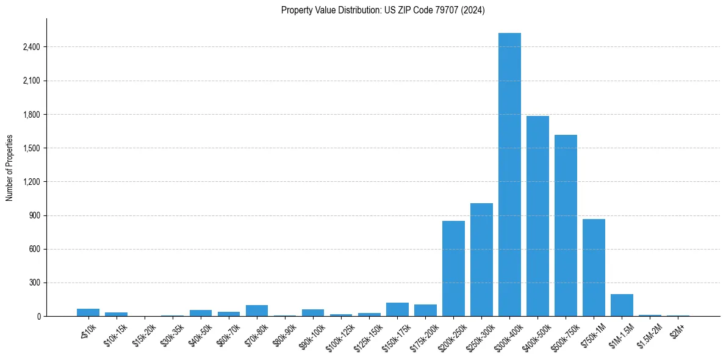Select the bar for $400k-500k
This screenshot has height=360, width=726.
537,216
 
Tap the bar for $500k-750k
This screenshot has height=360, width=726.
566,225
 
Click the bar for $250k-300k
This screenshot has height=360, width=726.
481,259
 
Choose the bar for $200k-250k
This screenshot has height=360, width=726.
453,268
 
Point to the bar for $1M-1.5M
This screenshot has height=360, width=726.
622,305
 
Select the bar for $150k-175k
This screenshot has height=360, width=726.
397,309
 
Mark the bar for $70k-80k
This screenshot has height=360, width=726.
257,311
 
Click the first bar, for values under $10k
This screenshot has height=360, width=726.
88,312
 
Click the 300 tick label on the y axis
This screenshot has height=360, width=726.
34,283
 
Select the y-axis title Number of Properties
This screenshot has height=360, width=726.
10,168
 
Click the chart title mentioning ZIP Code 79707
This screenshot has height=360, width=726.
383,10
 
